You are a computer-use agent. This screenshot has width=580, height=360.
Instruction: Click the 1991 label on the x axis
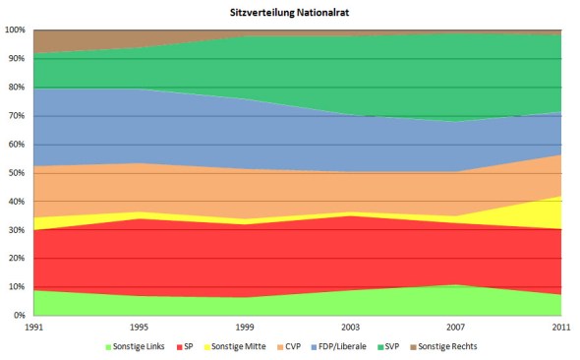point(33,326)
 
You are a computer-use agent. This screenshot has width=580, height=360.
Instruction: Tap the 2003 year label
point(351,326)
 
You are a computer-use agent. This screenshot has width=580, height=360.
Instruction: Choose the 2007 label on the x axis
point(456,326)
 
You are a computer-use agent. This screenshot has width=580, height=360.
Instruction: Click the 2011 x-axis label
point(561,326)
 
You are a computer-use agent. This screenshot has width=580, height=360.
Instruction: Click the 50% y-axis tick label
point(17,173)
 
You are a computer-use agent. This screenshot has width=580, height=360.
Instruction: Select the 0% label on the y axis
point(20,316)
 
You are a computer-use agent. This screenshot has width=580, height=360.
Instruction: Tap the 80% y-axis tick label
point(17,87)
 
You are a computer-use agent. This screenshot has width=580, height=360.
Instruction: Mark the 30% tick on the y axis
point(17,230)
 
